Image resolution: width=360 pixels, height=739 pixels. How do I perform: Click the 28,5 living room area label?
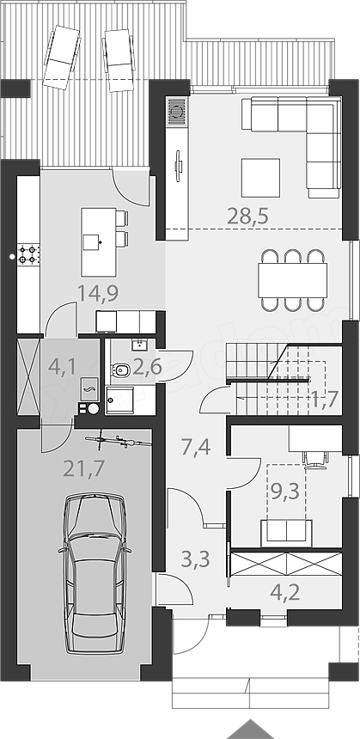tap(247, 217)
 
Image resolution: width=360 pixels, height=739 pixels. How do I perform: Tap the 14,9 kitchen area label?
tap(98, 294)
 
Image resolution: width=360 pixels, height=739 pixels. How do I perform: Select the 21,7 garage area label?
tap(84, 469)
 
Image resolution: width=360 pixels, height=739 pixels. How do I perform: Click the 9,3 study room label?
tap(285, 492)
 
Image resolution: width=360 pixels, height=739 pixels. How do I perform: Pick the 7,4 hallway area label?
tap(196, 446)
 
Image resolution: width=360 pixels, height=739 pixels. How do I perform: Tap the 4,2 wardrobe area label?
tap(284, 592)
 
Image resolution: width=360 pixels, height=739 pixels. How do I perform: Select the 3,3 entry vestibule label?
tap(196, 560)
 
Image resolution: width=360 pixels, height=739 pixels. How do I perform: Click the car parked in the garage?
tap(95, 573)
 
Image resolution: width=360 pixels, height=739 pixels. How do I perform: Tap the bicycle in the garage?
tap(119, 441)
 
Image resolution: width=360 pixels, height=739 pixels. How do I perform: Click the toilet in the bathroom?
tap(120, 370)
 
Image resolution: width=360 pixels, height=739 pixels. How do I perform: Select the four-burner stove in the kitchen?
tap(28, 254)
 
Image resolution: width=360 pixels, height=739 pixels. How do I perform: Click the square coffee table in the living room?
tap(260, 178)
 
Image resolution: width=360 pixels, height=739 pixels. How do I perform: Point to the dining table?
tap(292, 280)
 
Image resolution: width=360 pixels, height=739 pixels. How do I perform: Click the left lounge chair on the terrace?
tap(62, 57)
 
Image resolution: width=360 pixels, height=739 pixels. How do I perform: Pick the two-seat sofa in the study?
tap(286, 533)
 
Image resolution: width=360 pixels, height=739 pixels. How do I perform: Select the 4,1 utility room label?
tap(62, 367)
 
